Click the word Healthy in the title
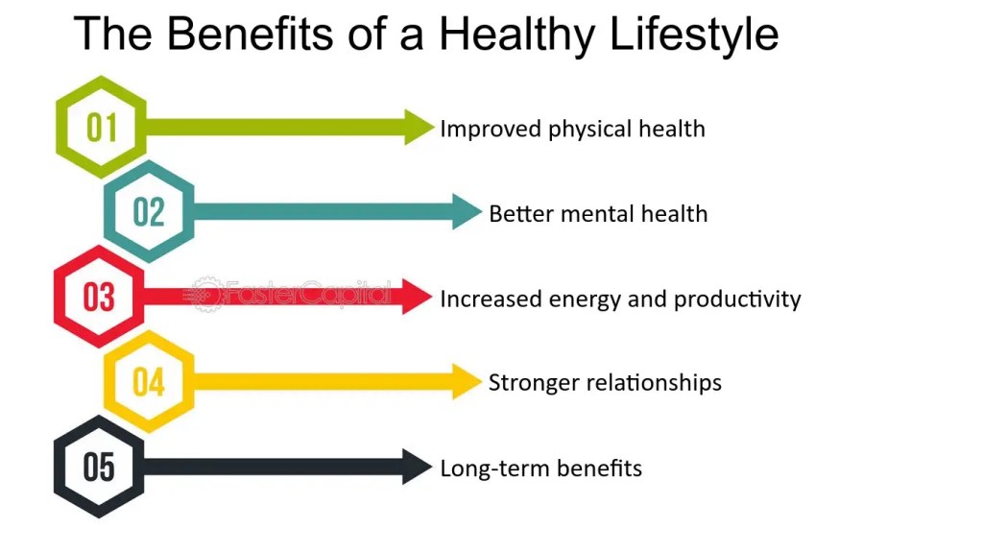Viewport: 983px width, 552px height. click(x=516, y=35)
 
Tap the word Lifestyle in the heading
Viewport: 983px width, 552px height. click(x=694, y=35)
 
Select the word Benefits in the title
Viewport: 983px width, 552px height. click(x=250, y=34)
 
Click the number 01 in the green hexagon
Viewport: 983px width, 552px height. click(x=102, y=128)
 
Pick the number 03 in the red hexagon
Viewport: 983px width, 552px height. click(x=99, y=297)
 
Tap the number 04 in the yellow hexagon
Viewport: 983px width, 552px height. click(x=149, y=381)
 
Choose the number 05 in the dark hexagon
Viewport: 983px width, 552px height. click(x=99, y=467)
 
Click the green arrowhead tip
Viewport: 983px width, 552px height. click(x=434, y=128)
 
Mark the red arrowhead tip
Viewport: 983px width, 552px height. click(x=432, y=297)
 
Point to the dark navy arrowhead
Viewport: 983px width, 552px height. click(x=417, y=467)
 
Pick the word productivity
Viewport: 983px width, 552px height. click(x=737, y=300)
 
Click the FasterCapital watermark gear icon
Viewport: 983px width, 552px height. click(x=205, y=294)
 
